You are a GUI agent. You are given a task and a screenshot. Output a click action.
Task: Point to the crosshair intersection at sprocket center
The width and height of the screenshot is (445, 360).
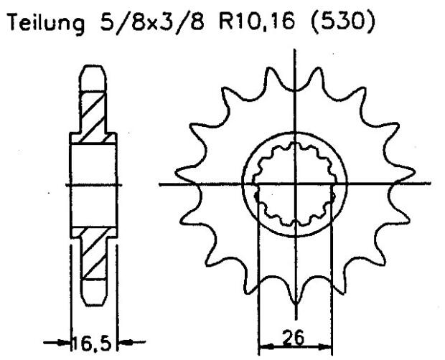point(295,184)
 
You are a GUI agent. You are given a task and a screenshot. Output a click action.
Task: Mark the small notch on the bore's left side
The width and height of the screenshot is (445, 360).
point(257,194)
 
